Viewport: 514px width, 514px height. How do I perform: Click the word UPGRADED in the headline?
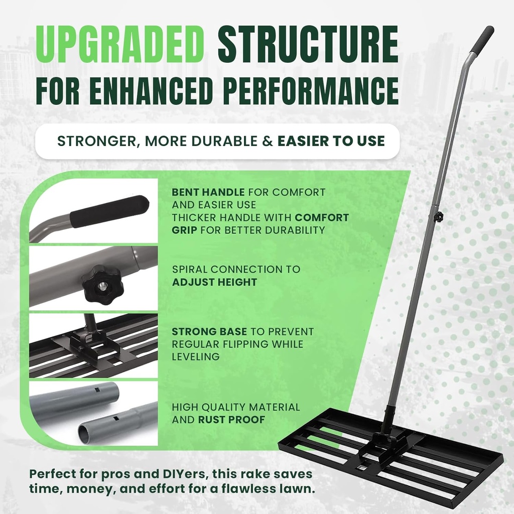[119, 45]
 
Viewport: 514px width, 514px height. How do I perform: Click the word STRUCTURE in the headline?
[308, 45]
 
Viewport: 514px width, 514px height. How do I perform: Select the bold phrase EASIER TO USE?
[331, 141]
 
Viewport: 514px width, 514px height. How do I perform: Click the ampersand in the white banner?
[268, 141]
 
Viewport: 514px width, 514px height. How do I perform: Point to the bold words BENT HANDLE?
[208, 192]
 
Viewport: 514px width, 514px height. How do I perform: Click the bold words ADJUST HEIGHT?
[214, 282]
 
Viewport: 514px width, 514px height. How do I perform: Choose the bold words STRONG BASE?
[209, 332]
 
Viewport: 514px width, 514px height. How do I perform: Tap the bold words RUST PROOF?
[231, 420]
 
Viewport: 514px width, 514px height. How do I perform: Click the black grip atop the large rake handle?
[482, 39]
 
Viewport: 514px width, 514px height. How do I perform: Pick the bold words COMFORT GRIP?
[261, 224]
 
